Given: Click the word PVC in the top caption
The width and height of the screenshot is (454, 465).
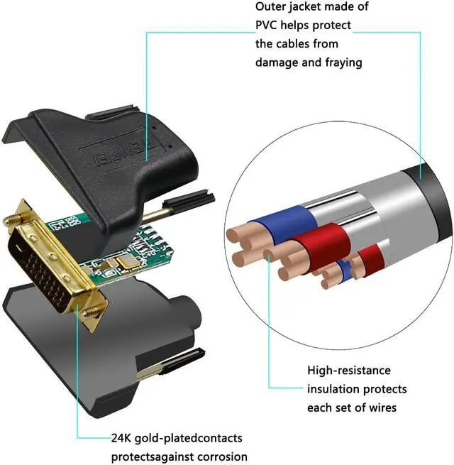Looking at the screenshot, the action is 266,26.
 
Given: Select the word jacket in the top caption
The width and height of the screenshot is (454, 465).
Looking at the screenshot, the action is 307,6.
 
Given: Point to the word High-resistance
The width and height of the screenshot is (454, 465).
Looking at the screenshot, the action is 349,371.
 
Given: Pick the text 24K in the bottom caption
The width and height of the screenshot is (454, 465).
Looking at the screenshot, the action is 121,438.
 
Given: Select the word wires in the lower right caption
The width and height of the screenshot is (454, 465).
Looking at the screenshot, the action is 382,407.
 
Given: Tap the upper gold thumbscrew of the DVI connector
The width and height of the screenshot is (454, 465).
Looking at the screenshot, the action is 13,220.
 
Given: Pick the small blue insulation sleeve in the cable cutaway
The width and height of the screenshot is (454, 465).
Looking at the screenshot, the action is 344,269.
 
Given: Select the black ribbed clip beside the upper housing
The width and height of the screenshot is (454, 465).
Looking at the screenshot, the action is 189,199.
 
